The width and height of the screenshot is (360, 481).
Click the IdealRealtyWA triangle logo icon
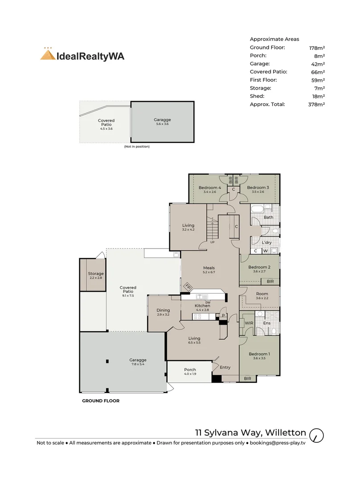coord(48,54)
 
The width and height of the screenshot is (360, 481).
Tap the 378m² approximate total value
coord(316,104)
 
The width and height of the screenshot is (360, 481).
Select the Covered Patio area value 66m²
coord(318,72)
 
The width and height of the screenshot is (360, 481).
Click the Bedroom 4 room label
coord(209,188)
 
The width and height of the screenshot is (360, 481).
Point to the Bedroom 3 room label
coord(258,188)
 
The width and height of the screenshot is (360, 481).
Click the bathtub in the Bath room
coord(258,210)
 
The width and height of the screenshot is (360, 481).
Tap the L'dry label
coord(267,243)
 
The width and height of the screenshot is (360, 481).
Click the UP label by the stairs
coord(213,242)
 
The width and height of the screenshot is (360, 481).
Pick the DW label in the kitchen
coord(208,302)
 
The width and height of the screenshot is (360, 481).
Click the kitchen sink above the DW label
coord(202,297)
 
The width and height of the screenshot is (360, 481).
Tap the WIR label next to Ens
coord(249,323)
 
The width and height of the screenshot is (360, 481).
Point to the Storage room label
coord(96,273)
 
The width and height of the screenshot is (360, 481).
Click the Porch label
coord(190,370)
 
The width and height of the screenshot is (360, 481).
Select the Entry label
coord(225,367)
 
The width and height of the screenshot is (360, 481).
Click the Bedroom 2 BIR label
coord(270,281)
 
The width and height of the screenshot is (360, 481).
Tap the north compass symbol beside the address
coord(316,435)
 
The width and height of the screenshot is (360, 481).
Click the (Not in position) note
coord(137,147)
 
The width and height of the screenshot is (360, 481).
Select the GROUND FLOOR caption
coord(101,401)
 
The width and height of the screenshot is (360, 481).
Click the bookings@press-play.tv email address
coord(278,443)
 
